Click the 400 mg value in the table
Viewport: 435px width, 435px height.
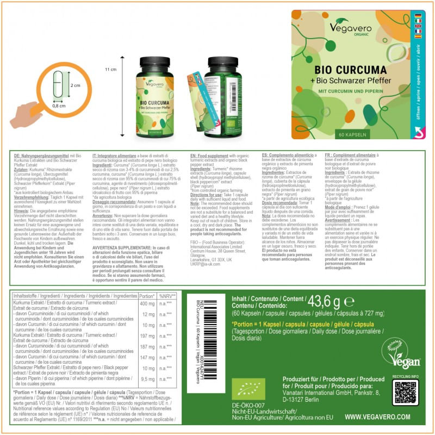click(147, 303)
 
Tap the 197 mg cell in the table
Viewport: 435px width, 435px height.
click(147, 336)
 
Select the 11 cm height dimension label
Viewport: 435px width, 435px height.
click(110, 70)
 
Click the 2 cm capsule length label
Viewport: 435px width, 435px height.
click(74, 85)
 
